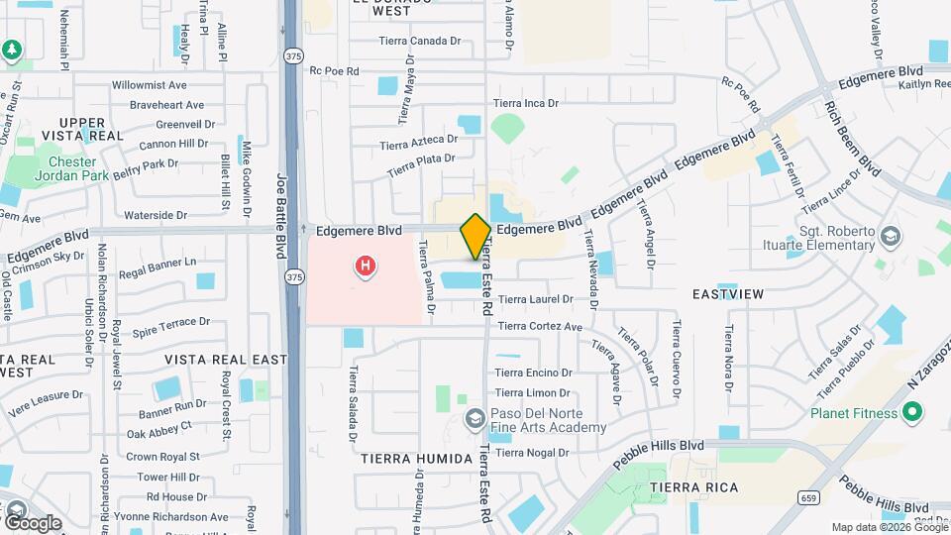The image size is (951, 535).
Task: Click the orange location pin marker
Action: tap(475, 236)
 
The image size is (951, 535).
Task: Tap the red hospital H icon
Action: tap(366, 266)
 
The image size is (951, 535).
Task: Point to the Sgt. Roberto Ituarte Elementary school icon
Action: tap(891, 236)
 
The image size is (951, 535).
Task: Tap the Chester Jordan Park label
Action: tap(71, 169)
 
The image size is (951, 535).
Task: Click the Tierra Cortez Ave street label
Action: tap(540, 326)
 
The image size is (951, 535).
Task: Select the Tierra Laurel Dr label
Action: tap(535, 298)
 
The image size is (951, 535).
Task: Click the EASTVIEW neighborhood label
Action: tap(727, 294)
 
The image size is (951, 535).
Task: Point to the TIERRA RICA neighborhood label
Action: tap(689, 488)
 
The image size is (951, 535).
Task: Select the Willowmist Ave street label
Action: tap(150, 86)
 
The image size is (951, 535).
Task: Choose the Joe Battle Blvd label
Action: tap(280, 212)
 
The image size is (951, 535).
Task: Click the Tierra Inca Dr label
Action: tap(526, 103)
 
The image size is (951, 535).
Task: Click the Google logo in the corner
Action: tap(33, 521)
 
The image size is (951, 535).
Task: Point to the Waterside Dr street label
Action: tap(154, 215)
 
